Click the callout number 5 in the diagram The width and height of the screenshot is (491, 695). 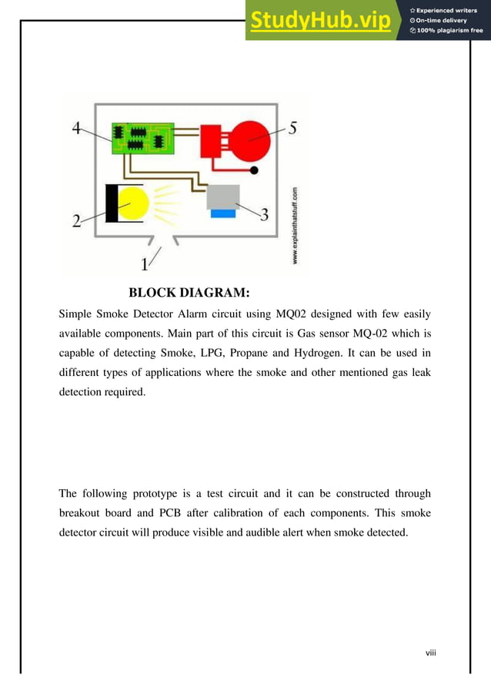pos(293,129)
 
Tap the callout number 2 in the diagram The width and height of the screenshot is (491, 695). pos(77,221)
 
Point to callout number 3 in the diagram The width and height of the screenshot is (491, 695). pos(263,214)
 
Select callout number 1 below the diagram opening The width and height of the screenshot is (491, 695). pos(145,264)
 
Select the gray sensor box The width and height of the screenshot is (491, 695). pos(223,196)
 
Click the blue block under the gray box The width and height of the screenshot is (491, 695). pos(222,213)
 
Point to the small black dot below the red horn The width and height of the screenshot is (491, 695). pos(255,170)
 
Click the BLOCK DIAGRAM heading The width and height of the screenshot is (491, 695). pos(189,293)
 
